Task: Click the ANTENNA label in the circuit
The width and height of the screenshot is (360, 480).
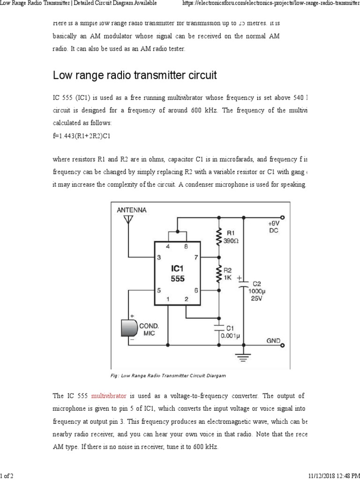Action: pyautogui.click(x=132, y=210)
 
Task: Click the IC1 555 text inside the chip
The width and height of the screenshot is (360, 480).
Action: pyautogui.click(x=177, y=274)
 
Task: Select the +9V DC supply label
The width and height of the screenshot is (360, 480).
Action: pyautogui.click(x=273, y=227)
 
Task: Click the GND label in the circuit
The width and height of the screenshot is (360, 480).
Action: pyautogui.click(x=273, y=340)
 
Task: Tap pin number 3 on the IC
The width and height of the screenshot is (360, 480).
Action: pyautogui.click(x=159, y=257)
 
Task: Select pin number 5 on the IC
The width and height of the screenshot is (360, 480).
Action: pyautogui.click(x=159, y=290)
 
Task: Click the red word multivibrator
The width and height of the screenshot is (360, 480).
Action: pyautogui.click(x=109, y=397)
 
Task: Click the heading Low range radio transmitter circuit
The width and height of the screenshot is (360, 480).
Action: pyautogui.click(x=135, y=75)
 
